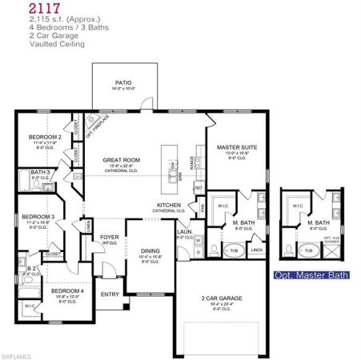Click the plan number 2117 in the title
(x=22, y=8)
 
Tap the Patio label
(x=123, y=82)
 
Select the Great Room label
(x=122, y=160)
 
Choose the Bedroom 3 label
(x=38, y=216)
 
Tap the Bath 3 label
(x=40, y=172)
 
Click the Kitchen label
(x=169, y=206)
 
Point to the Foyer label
(x=110, y=237)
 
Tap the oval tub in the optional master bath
(x=309, y=250)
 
